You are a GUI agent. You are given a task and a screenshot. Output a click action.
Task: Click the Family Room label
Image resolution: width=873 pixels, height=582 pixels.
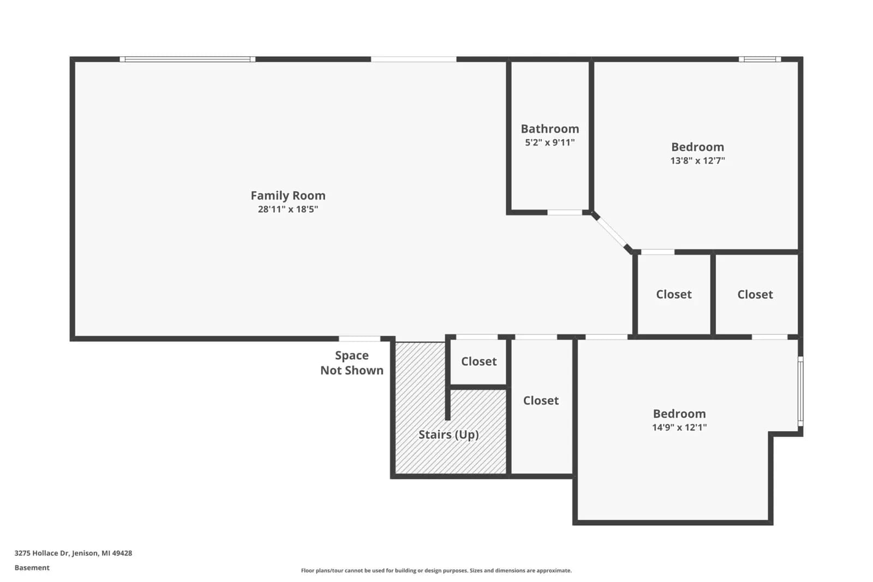pyautogui.click(x=288, y=195)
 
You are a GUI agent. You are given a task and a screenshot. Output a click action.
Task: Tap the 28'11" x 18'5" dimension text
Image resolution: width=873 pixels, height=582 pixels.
pyautogui.click(x=288, y=209)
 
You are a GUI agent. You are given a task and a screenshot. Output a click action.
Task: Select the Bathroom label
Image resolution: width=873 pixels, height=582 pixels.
pyautogui.click(x=550, y=129)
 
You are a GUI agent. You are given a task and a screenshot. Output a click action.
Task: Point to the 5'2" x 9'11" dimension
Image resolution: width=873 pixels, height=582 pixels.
pyautogui.click(x=550, y=142)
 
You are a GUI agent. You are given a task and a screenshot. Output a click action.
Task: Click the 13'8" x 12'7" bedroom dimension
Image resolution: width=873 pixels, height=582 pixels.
pyautogui.click(x=698, y=160)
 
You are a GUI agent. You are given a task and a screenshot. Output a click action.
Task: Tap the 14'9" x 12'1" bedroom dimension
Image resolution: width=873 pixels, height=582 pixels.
pyautogui.click(x=679, y=427)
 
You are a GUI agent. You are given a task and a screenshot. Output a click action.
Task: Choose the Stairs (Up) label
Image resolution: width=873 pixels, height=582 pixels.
pyautogui.click(x=449, y=435)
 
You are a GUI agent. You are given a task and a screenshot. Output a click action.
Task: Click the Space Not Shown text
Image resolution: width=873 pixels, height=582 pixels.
pyautogui.click(x=352, y=363)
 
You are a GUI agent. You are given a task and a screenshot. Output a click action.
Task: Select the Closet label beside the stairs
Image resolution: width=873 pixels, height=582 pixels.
pyautogui.click(x=479, y=362)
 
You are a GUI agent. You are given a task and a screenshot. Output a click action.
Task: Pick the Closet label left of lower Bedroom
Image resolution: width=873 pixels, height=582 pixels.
pyautogui.click(x=541, y=400)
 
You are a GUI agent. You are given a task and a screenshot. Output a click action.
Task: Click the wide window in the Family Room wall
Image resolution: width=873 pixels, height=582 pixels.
pyautogui.click(x=188, y=59)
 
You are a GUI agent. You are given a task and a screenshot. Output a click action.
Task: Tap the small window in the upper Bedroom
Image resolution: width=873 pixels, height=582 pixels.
pyautogui.click(x=760, y=59)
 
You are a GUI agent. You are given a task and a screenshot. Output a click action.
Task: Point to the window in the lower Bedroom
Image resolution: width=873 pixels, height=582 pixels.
pyautogui.click(x=800, y=391)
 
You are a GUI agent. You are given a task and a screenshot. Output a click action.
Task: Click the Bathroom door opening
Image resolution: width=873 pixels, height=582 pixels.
pyautogui.click(x=565, y=212)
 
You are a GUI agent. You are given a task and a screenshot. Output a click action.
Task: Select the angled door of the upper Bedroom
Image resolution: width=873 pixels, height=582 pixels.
pyautogui.click(x=611, y=232)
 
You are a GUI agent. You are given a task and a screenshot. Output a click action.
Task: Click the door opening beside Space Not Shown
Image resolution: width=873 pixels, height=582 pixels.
pyautogui.click(x=360, y=339)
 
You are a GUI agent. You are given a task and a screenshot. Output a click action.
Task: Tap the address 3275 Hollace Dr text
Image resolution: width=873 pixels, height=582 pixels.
pyautogui.click(x=73, y=553)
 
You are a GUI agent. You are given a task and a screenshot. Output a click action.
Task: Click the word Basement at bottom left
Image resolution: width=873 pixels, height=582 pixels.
pyautogui.click(x=32, y=568)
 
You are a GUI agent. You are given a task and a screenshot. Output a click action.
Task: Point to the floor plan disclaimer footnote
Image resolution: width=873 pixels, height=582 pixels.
pyautogui.click(x=436, y=571)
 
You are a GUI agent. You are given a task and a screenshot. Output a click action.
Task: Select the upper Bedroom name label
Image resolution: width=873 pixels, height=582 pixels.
pyautogui.click(x=698, y=147)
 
